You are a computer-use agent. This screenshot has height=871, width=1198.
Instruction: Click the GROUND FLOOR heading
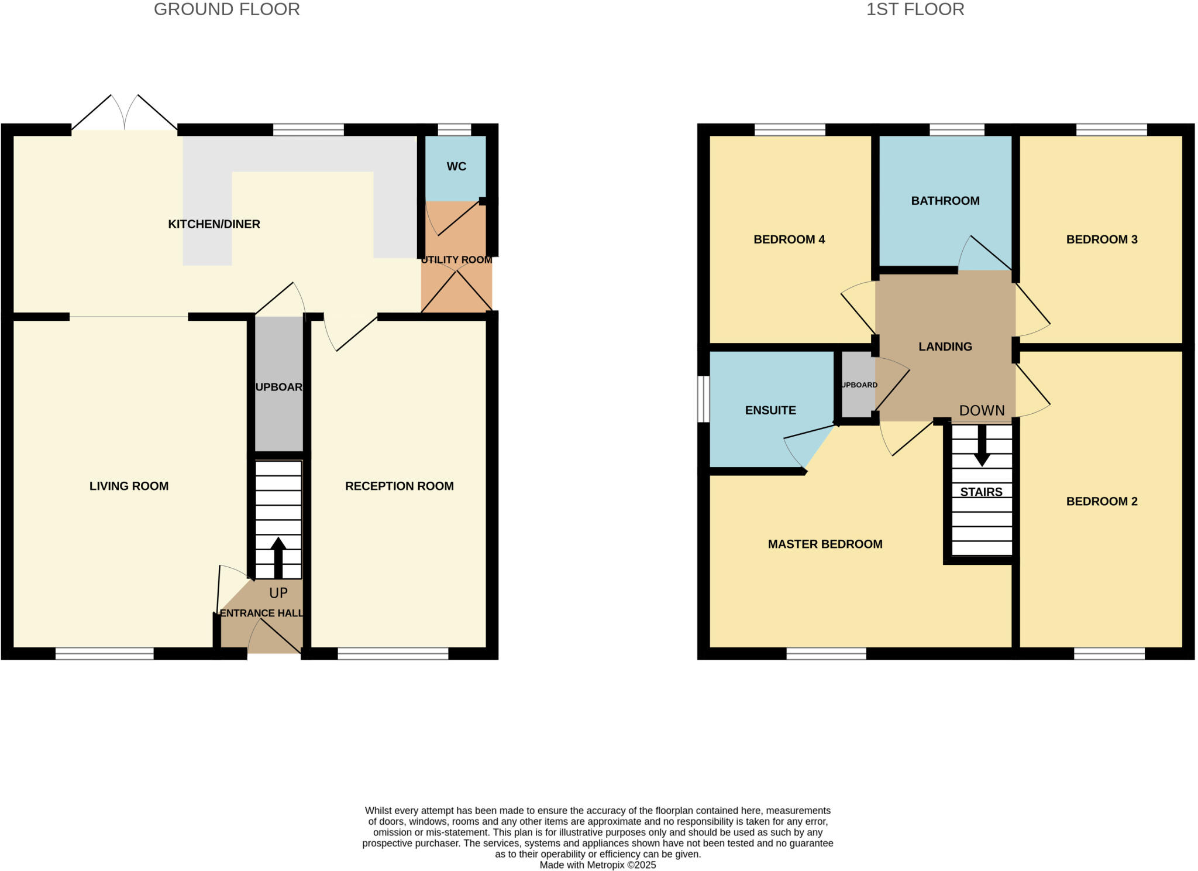(x=226, y=9)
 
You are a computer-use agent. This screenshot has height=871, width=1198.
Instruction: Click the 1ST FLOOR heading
(x=915, y=9)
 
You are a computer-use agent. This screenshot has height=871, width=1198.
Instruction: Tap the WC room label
(x=456, y=167)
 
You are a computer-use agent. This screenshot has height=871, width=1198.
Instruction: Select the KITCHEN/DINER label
(x=214, y=224)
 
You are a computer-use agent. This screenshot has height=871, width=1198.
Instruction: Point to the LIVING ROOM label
(x=129, y=486)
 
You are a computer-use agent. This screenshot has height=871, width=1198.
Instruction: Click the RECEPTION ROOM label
(x=399, y=486)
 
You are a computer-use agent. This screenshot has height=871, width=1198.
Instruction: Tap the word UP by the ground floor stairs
(x=278, y=593)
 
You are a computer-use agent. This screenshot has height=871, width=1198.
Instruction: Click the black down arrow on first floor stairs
(x=982, y=446)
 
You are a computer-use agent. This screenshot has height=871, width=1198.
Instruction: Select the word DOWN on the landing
(x=982, y=411)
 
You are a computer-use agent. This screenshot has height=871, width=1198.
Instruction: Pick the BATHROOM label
(x=945, y=201)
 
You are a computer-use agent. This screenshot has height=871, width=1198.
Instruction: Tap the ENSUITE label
(x=770, y=410)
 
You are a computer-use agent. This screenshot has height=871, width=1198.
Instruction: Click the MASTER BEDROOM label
(x=825, y=544)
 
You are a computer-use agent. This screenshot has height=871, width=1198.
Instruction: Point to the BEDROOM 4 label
(x=789, y=239)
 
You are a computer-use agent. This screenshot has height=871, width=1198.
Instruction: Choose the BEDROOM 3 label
(x=1101, y=239)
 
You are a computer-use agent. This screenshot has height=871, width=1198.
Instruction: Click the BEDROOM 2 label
(x=1101, y=501)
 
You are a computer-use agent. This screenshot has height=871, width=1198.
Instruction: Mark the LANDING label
(x=945, y=347)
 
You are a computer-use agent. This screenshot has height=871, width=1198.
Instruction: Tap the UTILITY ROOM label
(x=457, y=260)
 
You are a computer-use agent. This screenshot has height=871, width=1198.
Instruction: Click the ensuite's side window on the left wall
(x=704, y=399)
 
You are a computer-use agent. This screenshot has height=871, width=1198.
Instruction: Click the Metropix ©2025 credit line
(x=597, y=865)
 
